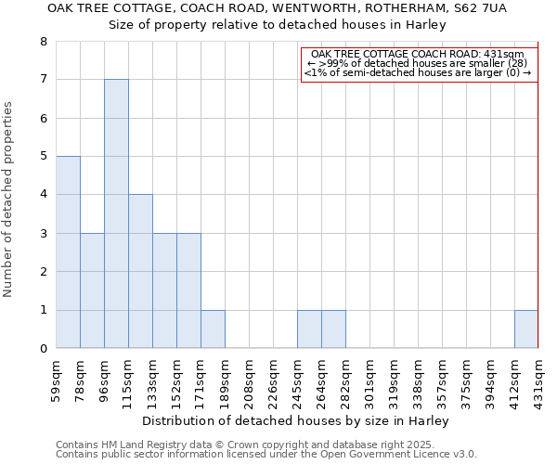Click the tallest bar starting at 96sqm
click(116, 213)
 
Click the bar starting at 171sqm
click(213, 329)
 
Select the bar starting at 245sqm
click(309, 329)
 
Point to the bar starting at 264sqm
click(333, 329)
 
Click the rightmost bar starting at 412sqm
click(526, 329)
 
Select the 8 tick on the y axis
click(43, 42)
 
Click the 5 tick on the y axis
click(43, 157)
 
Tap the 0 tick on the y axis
click(43, 349)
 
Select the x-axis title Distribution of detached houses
click(297, 420)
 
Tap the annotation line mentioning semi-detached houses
click(419, 72)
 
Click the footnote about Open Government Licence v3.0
click(266, 454)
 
